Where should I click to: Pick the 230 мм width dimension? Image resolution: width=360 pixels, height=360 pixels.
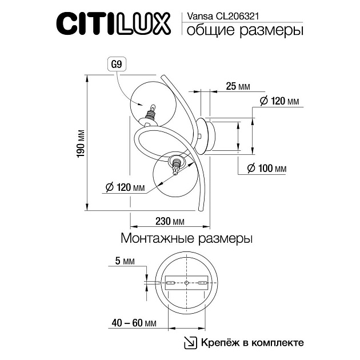coord(169,222)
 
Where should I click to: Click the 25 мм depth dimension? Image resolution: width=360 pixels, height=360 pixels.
coord(237,86)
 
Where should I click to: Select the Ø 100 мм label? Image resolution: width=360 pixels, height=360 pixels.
coord(266,169)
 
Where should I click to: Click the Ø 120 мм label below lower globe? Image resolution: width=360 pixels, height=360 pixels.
coord(125,187)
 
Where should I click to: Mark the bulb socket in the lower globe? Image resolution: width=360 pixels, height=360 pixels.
coord(177,166)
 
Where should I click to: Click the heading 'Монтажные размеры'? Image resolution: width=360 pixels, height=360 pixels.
coord(186,238)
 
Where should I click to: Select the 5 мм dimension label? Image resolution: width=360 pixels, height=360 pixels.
coord(125,262)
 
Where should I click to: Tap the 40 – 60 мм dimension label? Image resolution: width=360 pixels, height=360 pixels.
coord(134,323)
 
